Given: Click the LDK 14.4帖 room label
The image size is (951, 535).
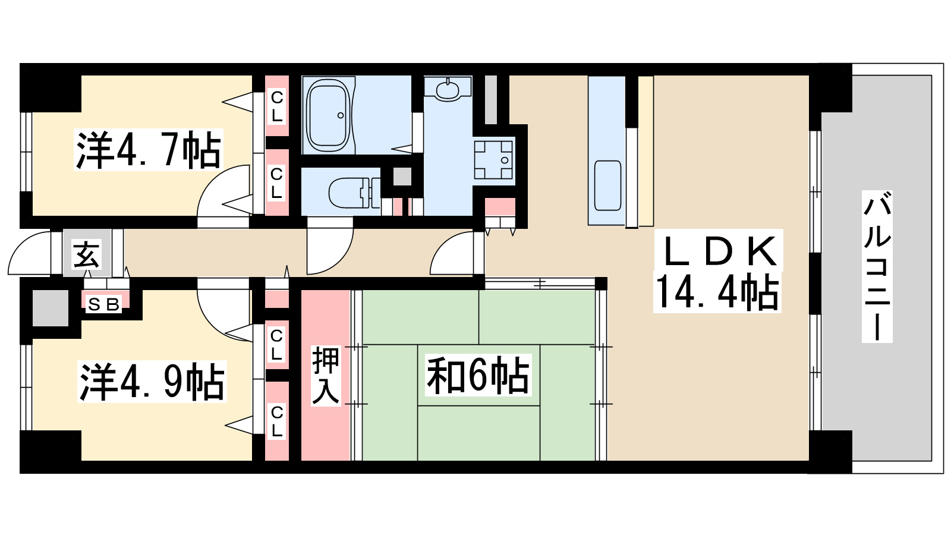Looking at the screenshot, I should click(717, 271).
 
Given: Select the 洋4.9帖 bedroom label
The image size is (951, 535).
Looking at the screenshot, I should click(152, 382).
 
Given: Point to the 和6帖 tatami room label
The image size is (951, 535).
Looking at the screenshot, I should click(478, 376).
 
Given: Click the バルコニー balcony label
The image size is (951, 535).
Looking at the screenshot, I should click(877, 266).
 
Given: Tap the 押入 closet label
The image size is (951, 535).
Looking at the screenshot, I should click(326, 376).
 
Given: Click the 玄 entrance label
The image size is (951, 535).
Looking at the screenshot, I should click(87, 254).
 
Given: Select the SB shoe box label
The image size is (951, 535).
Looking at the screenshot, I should click(104, 304).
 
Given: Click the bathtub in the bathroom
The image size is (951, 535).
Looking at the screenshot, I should click(328, 115).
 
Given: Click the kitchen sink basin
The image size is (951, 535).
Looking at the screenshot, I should click(607, 185).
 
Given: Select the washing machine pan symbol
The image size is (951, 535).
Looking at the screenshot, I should click(493, 159).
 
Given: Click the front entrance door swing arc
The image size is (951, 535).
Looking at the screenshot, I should click(30, 253).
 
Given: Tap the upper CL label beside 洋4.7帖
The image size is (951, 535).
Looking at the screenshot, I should click(277, 106).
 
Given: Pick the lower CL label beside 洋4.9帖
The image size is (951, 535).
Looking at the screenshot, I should click(277, 421).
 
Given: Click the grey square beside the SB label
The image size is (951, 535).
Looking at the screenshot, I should click(50, 307).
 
